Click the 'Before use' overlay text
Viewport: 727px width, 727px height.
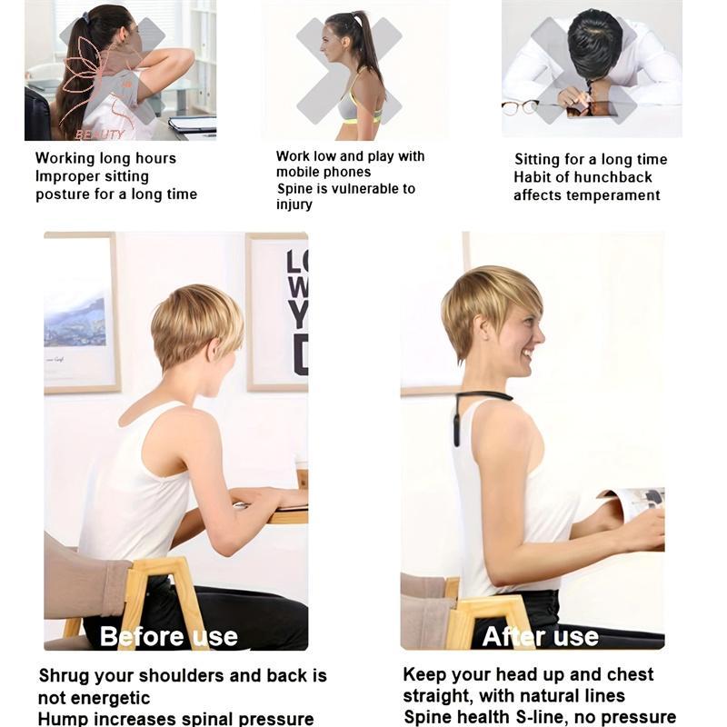tap(169, 636)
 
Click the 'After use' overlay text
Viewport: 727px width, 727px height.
tap(540, 636)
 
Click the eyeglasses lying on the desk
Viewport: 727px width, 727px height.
tap(519, 108)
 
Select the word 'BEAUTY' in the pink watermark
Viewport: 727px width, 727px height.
tap(100, 134)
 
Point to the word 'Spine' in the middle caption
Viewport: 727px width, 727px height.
tap(294, 189)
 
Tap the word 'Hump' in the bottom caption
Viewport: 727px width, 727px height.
tap(60, 719)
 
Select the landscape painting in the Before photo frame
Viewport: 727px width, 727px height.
tap(75, 321)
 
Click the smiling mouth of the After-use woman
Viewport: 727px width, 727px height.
tap(527, 355)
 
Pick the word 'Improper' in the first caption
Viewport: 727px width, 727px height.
tap(65, 177)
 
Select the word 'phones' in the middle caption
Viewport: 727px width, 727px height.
tap(347, 173)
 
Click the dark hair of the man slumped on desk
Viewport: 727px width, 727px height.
tap(593, 42)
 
